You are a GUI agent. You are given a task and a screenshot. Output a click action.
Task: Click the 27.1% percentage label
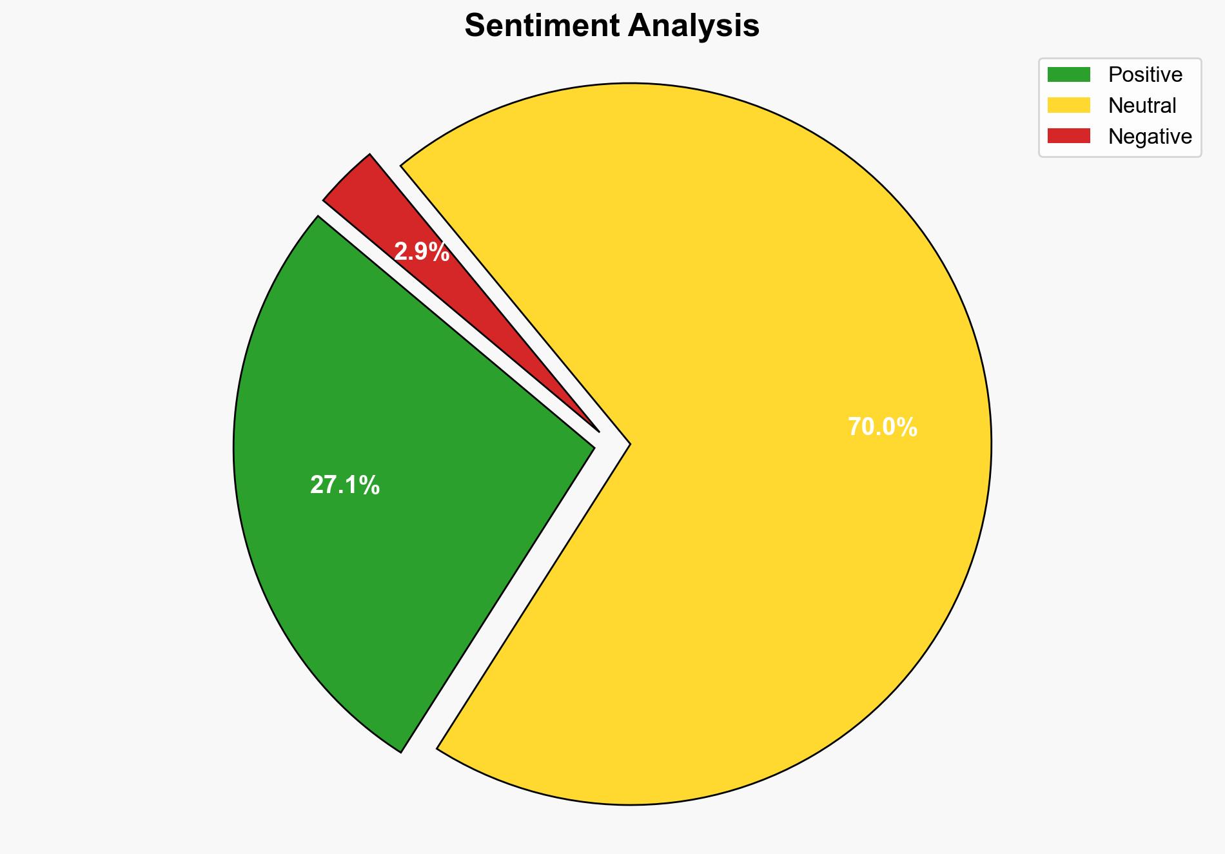pyautogui.click(x=345, y=485)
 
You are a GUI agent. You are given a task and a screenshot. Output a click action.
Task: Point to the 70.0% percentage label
pyautogui.click(x=882, y=427)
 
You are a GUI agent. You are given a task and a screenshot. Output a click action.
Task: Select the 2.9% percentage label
pyautogui.click(x=422, y=252)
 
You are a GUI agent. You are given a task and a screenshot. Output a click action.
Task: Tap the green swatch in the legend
pyautogui.click(x=1068, y=75)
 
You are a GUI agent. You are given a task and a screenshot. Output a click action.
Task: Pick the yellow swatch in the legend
pyautogui.click(x=1068, y=105)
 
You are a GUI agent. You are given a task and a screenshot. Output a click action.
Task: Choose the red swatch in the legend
pyautogui.click(x=1068, y=136)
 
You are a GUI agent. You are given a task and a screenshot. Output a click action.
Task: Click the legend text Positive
pyautogui.click(x=1145, y=75)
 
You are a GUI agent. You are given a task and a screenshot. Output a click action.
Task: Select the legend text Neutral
pyautogui.click(x=1142, y=105)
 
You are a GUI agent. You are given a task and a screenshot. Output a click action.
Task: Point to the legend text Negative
pyautogui.click(x=1150, y=136)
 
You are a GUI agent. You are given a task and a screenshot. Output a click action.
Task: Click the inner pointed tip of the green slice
pyautogui.click(x=593, y=445)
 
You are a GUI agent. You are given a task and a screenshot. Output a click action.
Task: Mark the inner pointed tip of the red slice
pyautogui.click(x=598, y=431)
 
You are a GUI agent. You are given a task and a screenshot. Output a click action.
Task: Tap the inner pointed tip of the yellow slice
pyautogui.click(x=629, y=443)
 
